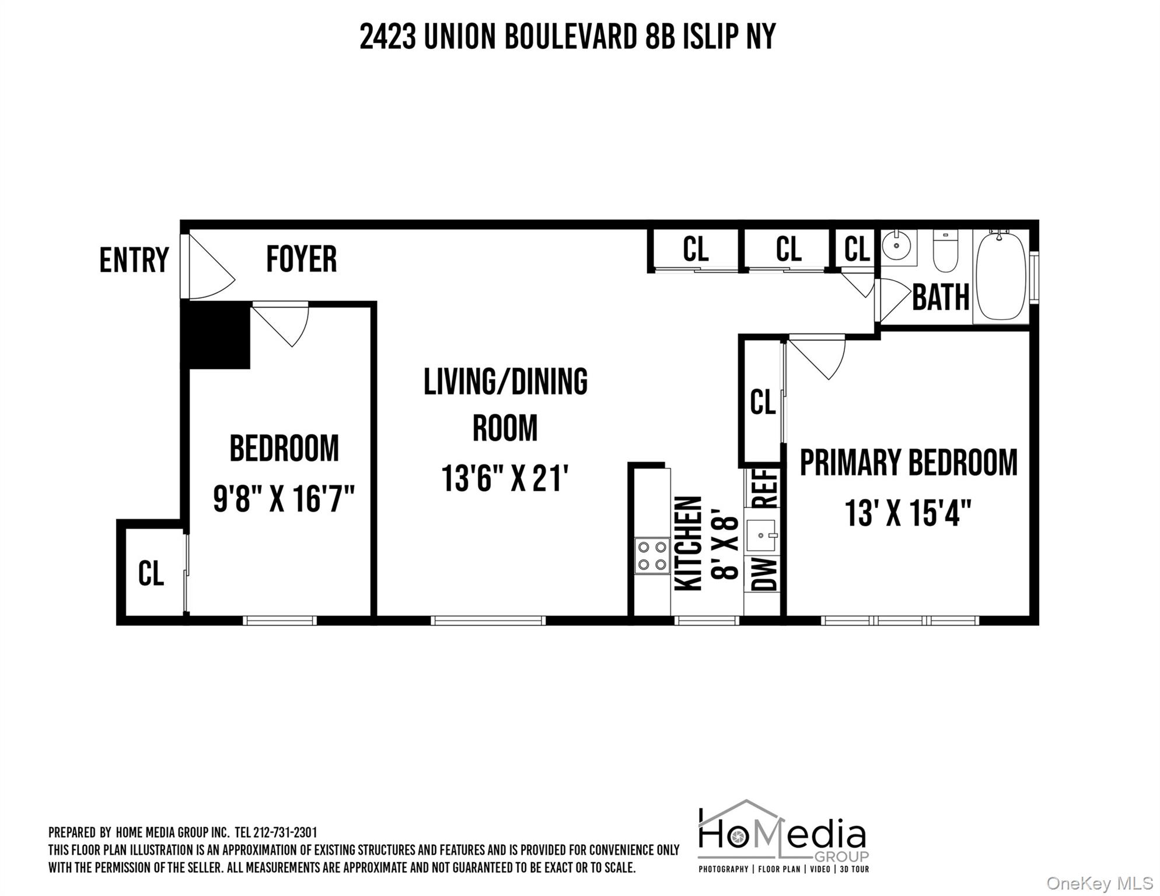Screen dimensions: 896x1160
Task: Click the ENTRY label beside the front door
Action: point(134,260)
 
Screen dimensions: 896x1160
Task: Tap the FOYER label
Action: point(301,260)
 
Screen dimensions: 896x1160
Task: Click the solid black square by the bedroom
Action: point(216,335)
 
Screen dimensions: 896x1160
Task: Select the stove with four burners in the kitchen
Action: point(652,556)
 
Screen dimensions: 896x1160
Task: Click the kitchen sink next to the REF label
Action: point(761,535)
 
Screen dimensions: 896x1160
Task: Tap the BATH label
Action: point(940,298)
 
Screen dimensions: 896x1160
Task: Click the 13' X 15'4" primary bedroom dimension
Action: point(908,513)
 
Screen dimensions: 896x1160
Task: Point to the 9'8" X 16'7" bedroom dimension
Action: point(284,499)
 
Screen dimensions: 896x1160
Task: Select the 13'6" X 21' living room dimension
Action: point(505,478)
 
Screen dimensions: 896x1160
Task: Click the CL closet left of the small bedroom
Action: point(151,574)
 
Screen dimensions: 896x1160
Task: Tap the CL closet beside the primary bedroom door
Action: point(762,402)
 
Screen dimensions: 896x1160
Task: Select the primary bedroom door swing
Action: point(817,356)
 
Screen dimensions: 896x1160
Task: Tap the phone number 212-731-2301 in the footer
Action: point(285,833)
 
